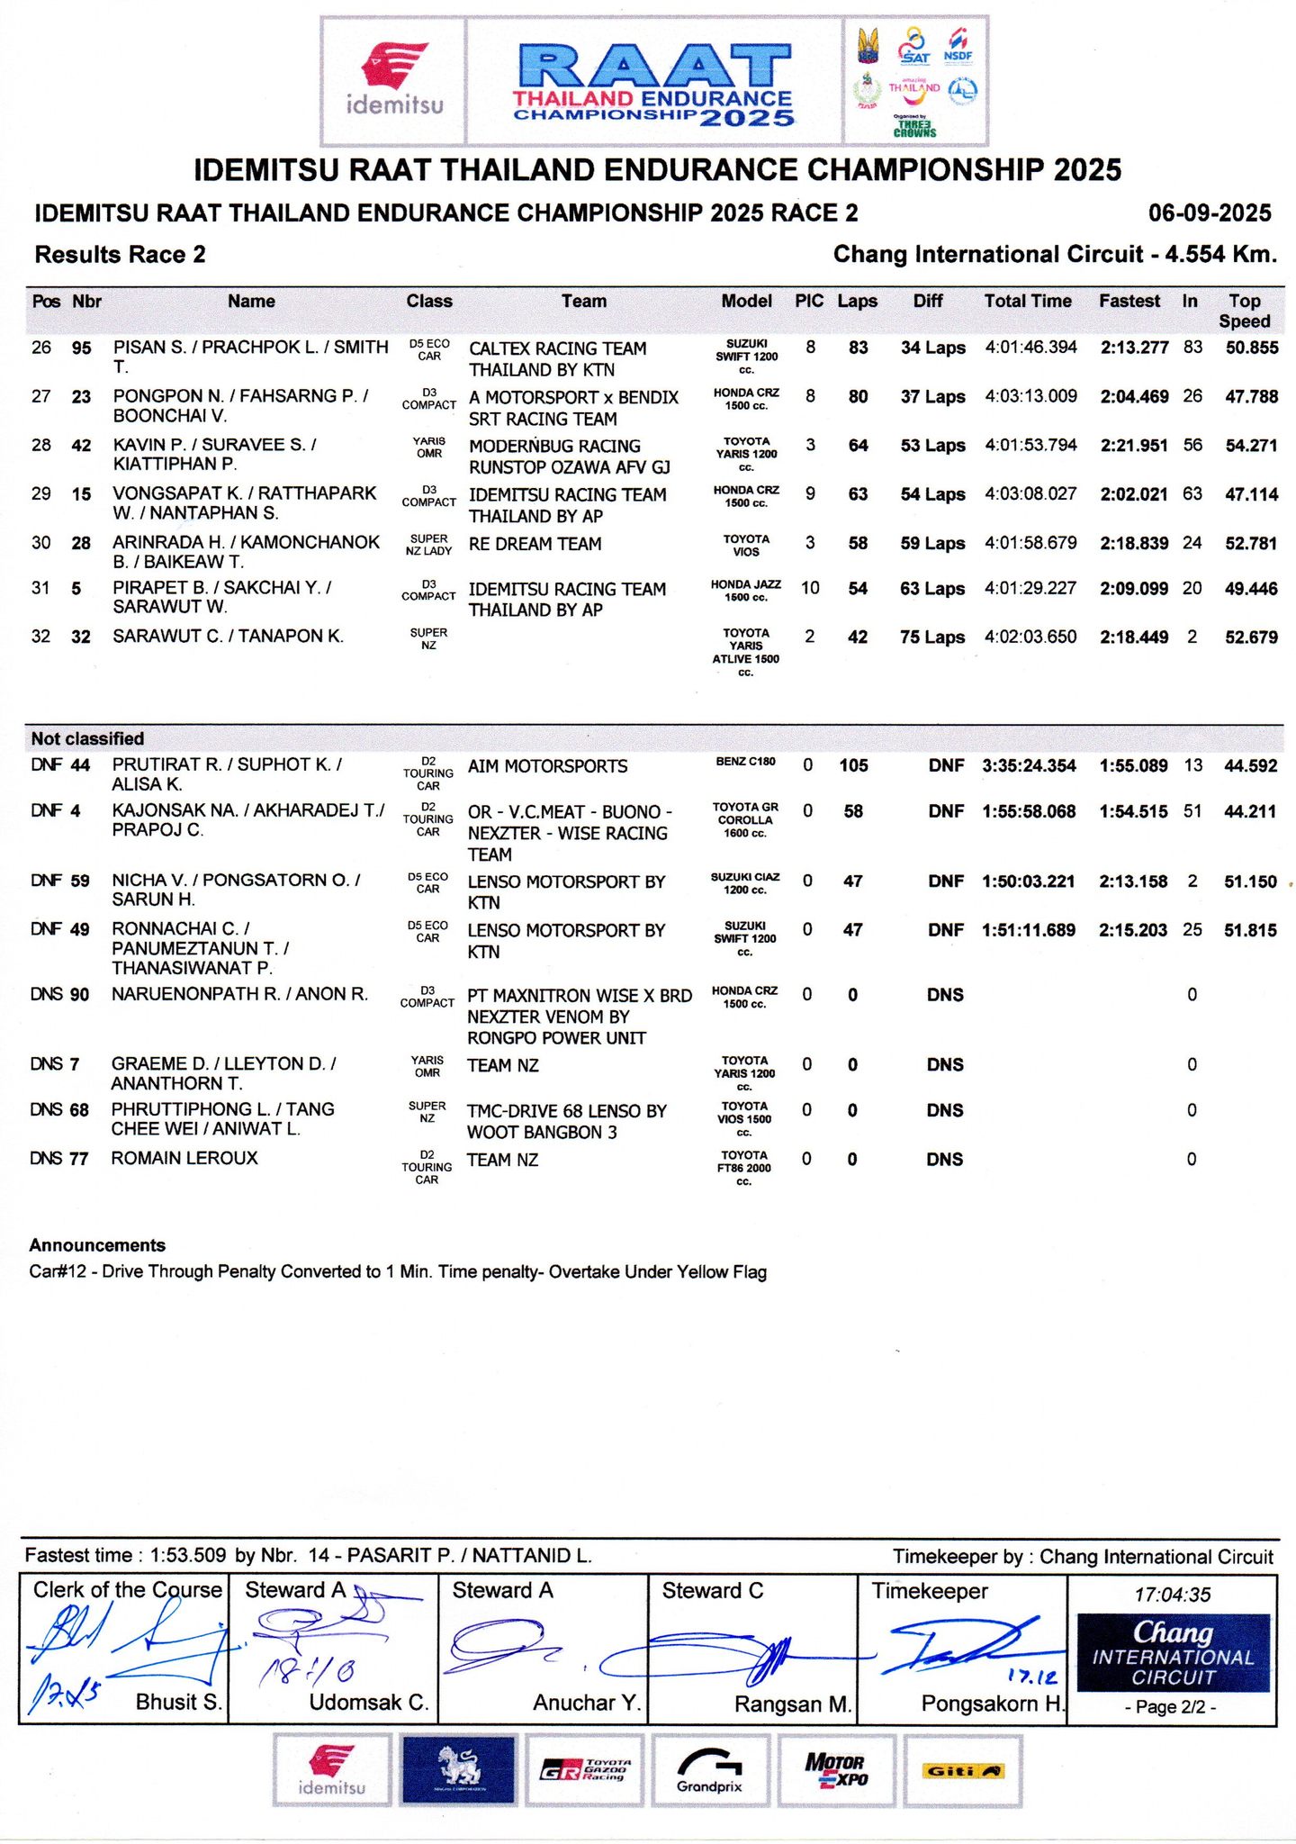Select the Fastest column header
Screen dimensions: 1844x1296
tap(1129, 302)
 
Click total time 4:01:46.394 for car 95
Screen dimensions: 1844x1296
tap(1030, 348)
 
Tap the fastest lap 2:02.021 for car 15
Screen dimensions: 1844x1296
tap(1134, 494)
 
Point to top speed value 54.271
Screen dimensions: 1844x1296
tap(1251, 446)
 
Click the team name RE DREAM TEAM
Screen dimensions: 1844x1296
tap(535, 544)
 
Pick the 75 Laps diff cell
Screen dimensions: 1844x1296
tap(932, 637)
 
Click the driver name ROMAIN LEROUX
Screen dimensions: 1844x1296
tap(184, 1158)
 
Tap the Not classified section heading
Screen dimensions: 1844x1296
tap(87, 738)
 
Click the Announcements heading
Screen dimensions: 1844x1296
tap(97, 1245)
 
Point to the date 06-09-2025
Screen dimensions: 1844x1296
tap(1210, 213)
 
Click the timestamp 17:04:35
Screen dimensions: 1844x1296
tap(1172, 1595)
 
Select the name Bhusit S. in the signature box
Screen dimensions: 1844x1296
tap(178, 1702)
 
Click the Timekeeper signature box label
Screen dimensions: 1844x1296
tap(929, 1591)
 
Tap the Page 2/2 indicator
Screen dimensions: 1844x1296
tap(1171, 1707)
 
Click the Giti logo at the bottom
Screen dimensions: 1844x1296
tap(962, 1771)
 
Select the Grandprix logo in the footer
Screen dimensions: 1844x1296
tap(709, 1771)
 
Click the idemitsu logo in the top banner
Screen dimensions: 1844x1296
tap(394, 81)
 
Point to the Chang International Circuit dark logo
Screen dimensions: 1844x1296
tap(1173, 1653)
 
